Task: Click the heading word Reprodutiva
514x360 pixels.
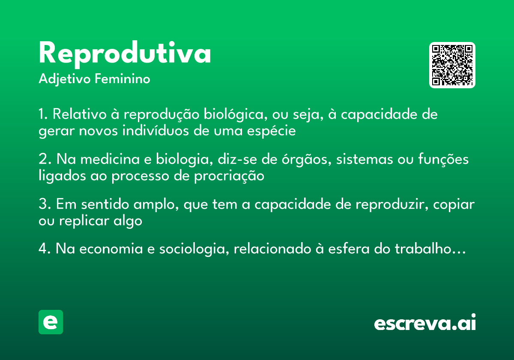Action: [125, 54]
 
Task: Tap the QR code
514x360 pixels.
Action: [452, 65]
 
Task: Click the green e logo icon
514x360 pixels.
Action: [51, 322]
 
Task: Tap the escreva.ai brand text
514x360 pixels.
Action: [425, 323]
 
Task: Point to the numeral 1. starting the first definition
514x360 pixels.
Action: [43, 115]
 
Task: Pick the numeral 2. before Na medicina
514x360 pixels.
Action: [45, 159]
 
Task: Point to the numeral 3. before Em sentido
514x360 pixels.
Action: [45, 204]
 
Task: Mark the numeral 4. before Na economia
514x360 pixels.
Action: [45, 249]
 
